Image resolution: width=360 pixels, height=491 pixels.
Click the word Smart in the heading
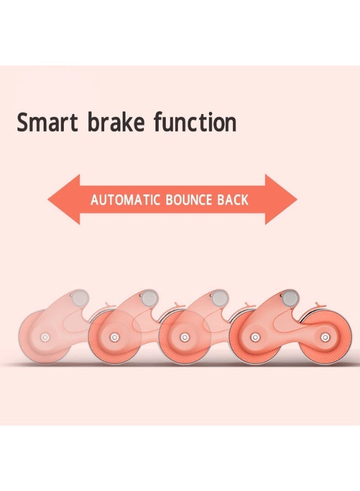point(47,122)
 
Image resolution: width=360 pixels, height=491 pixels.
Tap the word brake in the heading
point(116,122)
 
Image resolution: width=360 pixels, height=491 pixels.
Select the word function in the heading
point(195,122)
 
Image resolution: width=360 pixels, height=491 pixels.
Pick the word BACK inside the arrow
point(232,200)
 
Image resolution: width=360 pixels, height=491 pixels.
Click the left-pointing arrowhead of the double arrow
point(64,200)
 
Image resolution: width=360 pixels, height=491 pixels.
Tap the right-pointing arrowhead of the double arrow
point(281,200)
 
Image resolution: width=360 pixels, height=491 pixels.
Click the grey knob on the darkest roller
point(290,298)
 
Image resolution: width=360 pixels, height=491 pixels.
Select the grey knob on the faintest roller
point(80,298)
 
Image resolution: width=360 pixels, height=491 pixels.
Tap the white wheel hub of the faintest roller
point(45,337)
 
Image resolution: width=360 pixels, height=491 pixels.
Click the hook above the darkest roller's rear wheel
point(320,304)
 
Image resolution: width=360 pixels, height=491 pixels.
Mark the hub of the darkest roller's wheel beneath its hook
point(325,337)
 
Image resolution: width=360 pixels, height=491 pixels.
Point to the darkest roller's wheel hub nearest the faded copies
point(255,337)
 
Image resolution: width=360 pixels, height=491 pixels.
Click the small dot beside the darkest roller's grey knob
point(281,295)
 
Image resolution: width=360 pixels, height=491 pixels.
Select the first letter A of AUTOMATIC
point(95,200)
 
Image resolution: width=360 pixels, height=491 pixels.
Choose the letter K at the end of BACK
point(244,200)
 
